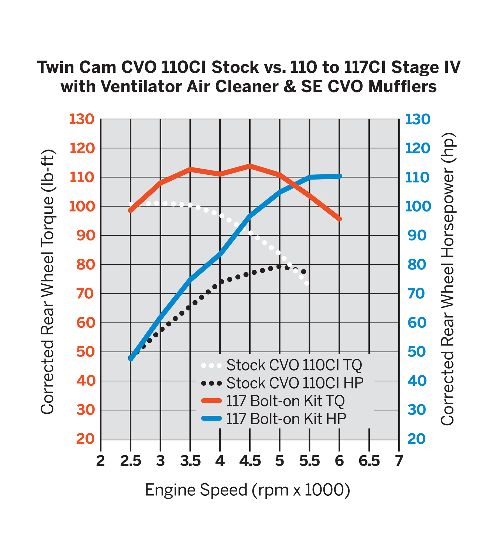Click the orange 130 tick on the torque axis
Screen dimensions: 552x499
(81, 119)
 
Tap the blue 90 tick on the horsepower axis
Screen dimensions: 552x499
(417, 236)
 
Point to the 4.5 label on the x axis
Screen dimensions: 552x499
(250, 461)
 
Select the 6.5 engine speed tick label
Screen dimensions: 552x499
(369, 461)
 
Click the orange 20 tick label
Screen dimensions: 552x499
(86, 439)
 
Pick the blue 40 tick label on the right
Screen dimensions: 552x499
(417, 381)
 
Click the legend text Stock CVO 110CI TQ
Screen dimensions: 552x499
(294, 365)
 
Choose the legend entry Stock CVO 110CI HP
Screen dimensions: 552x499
(295, 383)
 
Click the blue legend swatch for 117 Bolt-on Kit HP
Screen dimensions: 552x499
(211, 418)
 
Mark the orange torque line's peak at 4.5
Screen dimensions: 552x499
(250, 166)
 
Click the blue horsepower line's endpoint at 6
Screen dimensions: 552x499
(340, 176)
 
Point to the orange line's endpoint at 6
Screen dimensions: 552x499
(340, 219)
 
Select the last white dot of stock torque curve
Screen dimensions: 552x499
(307, 283)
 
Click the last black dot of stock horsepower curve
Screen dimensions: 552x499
(303, 272)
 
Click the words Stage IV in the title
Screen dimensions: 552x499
(426, 67)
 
